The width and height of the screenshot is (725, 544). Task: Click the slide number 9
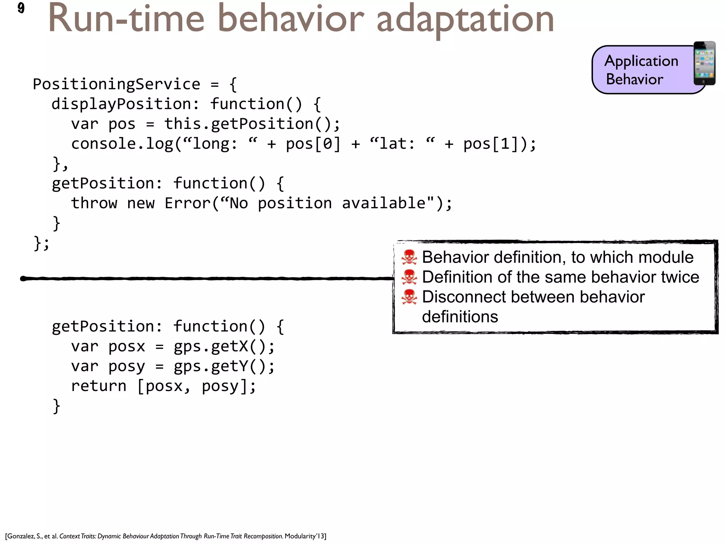[21, 8]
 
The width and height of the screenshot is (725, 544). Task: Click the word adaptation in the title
[465, 19]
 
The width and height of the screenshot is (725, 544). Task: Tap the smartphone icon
[704, 63]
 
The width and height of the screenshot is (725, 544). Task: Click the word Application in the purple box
[641, 61]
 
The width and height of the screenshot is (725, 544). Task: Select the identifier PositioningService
[116, 84]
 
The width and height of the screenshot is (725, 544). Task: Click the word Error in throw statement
[187, 203]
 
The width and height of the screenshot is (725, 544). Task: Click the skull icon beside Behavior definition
[409, 257]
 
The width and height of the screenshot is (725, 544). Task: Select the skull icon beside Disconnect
[409, 297]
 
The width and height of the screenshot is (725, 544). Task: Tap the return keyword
[98, 386]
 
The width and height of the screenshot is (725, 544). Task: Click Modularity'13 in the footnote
[304, 536]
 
